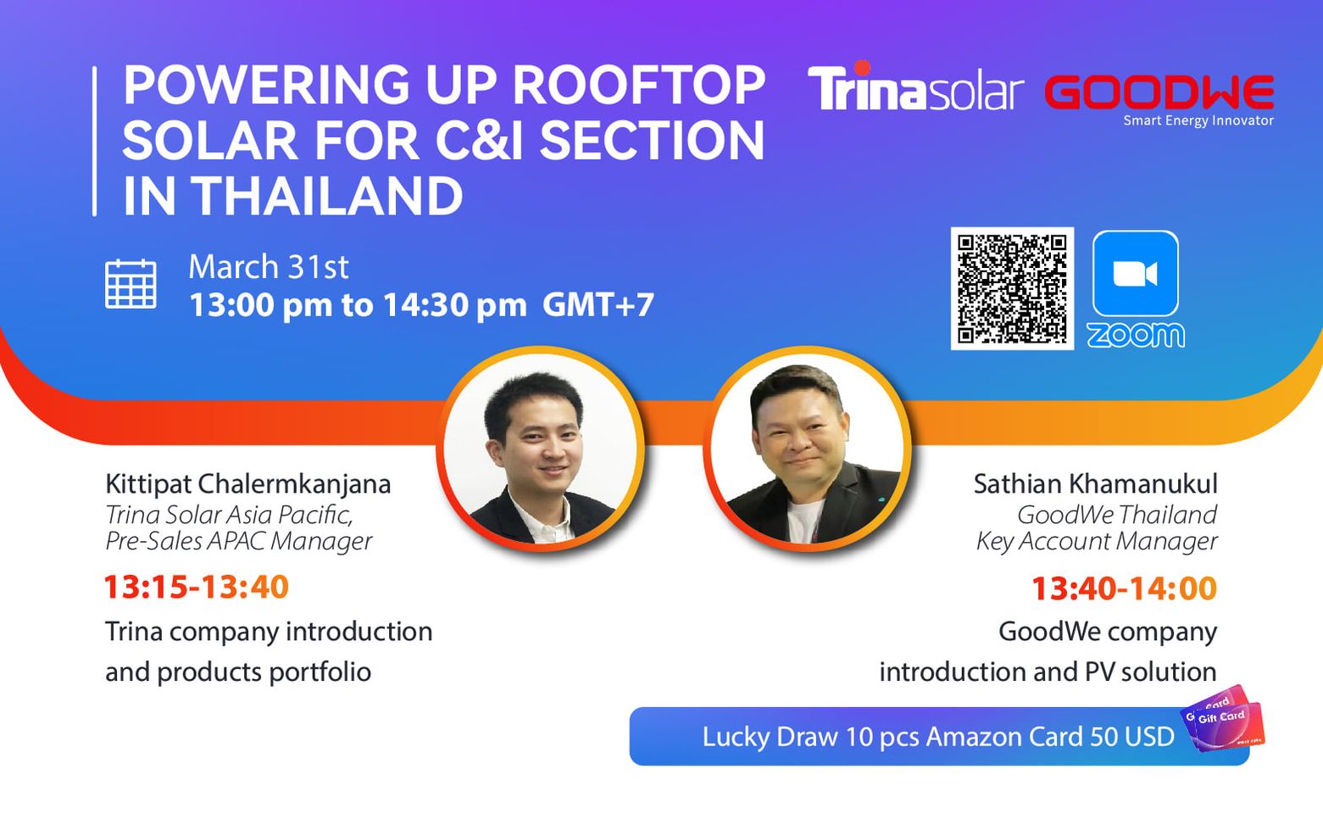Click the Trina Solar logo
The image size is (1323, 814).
915,86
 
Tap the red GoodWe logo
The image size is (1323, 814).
1159,92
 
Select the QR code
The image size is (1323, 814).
1012,288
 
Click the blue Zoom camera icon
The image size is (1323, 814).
1135,274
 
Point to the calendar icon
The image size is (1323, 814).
131,283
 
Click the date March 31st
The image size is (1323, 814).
269,266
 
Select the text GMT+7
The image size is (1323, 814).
598,304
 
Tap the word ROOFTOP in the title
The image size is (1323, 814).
638,85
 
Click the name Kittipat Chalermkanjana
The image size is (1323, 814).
248,484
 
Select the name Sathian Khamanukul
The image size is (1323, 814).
1096,484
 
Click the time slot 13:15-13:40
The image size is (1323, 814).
197,587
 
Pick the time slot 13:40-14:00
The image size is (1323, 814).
1125,588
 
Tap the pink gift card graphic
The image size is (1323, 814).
1223,719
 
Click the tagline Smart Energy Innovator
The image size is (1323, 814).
1198,120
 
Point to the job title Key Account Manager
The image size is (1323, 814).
1097,541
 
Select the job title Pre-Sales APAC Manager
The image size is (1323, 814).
239,541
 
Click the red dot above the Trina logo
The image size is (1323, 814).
862,67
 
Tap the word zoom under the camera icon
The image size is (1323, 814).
1135,335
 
